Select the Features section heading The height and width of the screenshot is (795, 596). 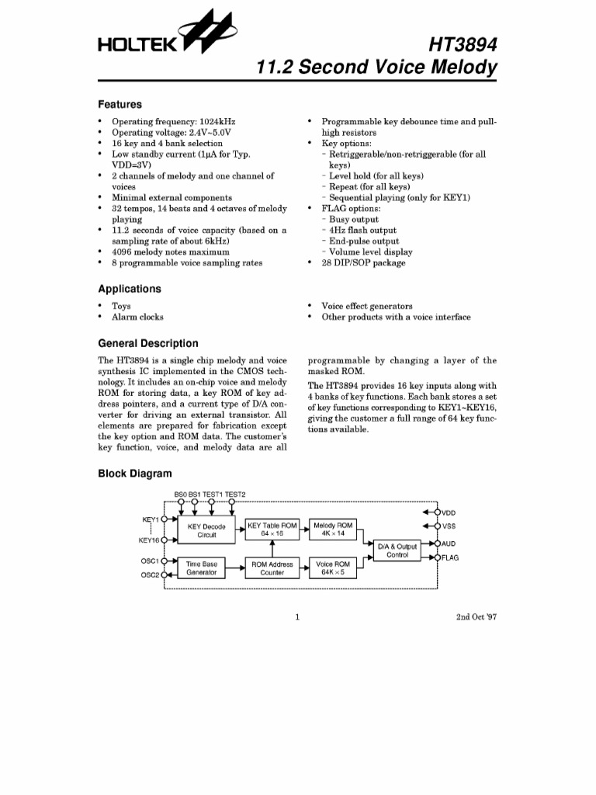(x=120, y=104)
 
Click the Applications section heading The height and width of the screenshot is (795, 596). (x=129, y=289)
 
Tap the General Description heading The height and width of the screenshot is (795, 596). (x=147, y=343)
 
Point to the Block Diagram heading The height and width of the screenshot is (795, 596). (x=134, y=474)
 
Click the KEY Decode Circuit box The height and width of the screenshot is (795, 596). (x=206, y=530)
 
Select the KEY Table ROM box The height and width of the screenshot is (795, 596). (x=272, y=529)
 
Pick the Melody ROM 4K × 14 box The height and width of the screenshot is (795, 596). (x=333, y=529)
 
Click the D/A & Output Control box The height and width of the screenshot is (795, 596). (x=397, y=550)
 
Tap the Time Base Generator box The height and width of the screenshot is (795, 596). (x=201, y=568)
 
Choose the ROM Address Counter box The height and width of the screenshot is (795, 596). (x=272, y=568)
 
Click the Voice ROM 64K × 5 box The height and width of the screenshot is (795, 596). (x=333, y=568)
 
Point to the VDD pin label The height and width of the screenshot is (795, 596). (x=449, y=513)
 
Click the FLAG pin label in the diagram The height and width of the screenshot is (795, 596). (x=450, y=557)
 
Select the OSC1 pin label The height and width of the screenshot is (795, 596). (x=149, y=560)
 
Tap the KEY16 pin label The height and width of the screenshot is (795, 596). (x=148, y=540)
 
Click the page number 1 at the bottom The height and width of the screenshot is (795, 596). (x=297, y=618)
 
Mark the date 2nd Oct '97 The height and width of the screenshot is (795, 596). (x=476, y=618)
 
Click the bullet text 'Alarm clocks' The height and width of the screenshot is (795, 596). (x=137, y=317)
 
